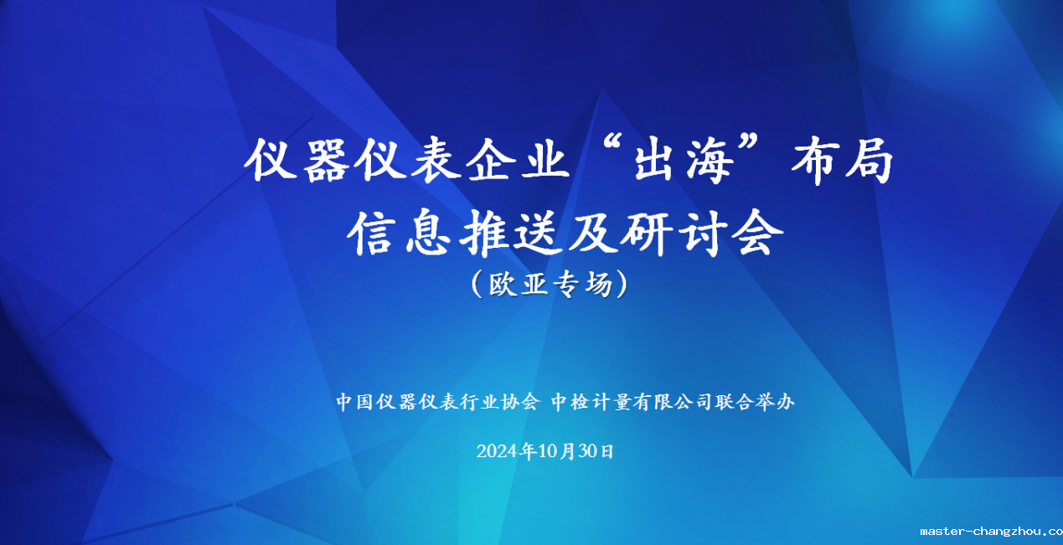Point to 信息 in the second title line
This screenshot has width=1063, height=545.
click(399, 234)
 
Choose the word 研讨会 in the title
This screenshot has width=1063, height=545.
click(701, 234)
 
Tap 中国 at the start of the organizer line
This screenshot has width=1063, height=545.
click(354, 402)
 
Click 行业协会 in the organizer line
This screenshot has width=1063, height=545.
click(499, 402)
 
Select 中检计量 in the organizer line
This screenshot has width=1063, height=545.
click(591, 402)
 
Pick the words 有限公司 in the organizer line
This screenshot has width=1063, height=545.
click(672, 402)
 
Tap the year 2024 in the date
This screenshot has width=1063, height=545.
click(497, 451)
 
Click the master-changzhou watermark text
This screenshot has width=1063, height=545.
click(991, 532)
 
